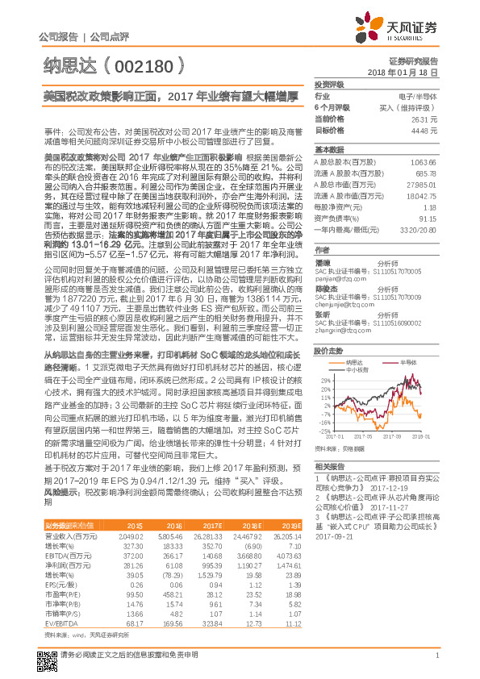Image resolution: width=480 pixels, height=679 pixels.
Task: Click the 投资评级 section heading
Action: [x=329, y=84]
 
